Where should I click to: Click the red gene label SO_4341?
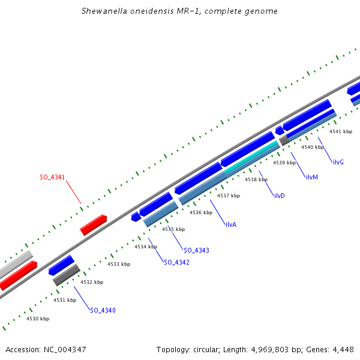click(x=52, y=177)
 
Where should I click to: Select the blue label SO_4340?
click(x=103, y=310)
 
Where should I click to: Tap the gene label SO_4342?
click(x=176, y=262)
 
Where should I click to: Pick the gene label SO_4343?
click(x=196, y=250)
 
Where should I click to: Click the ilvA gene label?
click(x=231, y=224)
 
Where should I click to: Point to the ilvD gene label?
click(x=279, y=196)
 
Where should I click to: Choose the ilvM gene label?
click(x=311, y=177)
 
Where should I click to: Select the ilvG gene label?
click(x=338, y=162)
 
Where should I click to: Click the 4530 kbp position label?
click(x=38, y=319)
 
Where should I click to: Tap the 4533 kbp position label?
click(x=119, y=264)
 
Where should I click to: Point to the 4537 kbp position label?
click(x=229, y=196)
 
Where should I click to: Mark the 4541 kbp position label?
click(x=341, y=131)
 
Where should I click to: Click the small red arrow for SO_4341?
click(x=94, y=224)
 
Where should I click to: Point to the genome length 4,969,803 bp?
click(x=281, y=349)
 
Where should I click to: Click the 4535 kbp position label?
click(x=173, y=229)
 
